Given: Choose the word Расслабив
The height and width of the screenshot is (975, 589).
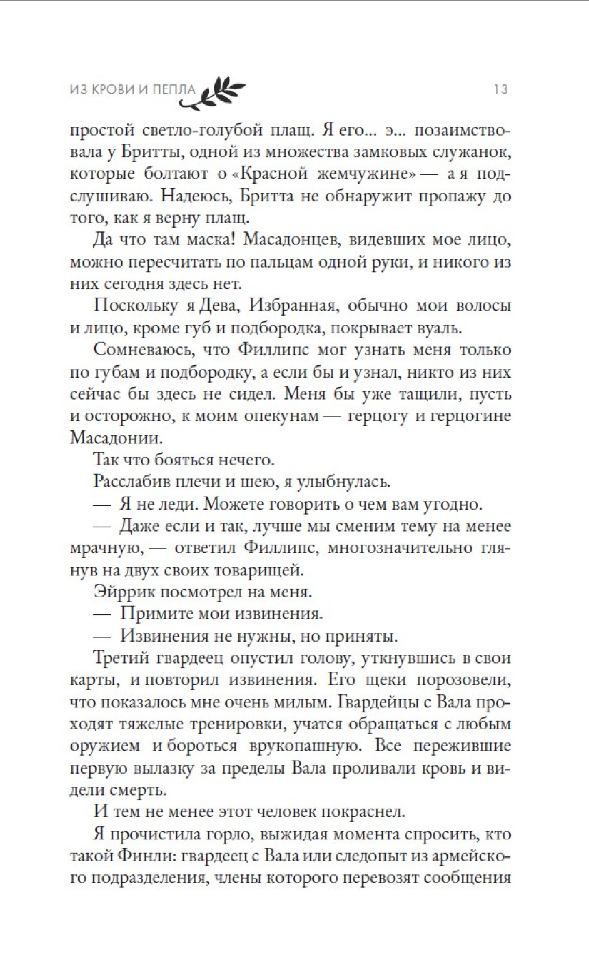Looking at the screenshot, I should (131, 481).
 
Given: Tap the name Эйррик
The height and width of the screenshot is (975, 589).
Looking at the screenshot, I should (123, 591).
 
